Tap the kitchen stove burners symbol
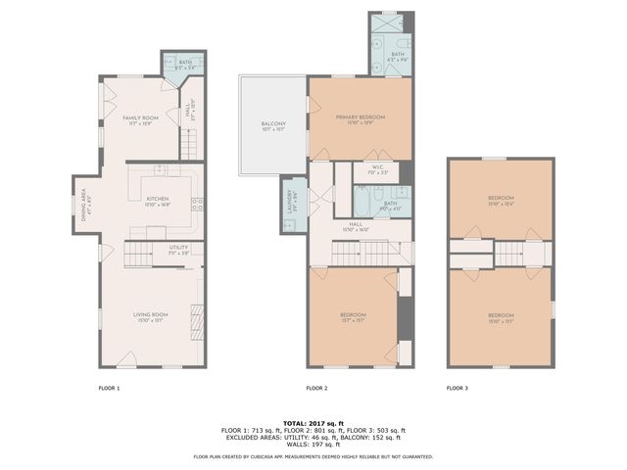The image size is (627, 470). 197,206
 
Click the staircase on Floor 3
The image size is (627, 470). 511,256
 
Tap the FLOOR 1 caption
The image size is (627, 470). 109,389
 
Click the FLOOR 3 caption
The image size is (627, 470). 458,389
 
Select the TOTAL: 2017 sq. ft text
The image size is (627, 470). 313,423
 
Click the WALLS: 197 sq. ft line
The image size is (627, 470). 313,444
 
